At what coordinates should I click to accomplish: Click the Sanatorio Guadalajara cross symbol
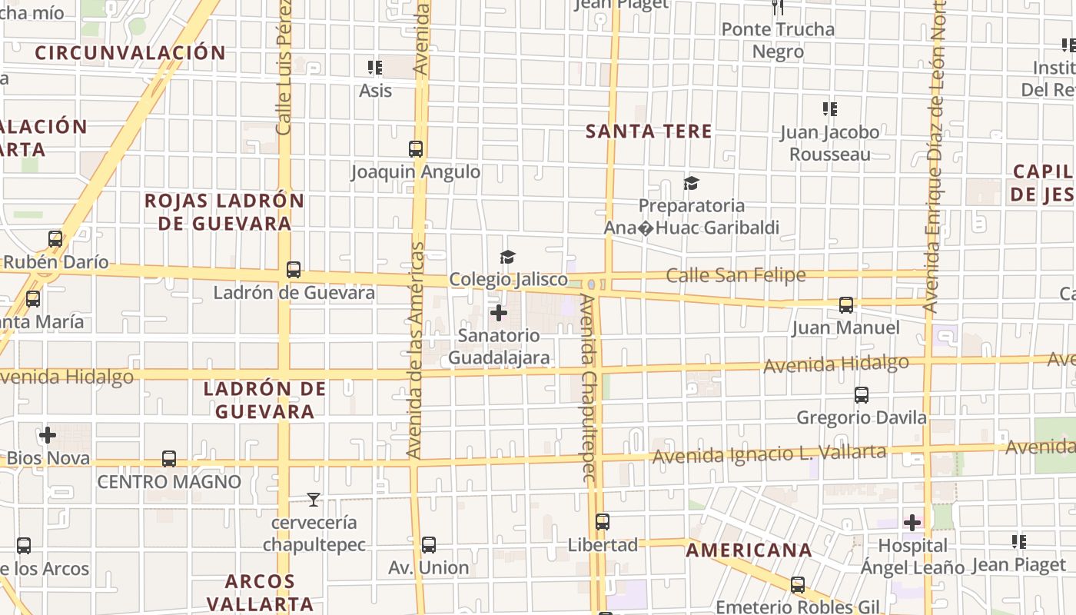point(499,313)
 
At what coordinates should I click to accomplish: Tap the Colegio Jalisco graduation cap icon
point(507,257)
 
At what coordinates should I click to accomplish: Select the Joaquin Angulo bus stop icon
point(416,149)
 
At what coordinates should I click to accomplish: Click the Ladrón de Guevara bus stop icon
point(294,270)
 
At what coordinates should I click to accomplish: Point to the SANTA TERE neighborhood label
point(649,131)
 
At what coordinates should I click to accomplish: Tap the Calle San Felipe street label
point(736,275)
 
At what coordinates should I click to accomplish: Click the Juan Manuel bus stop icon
point(846,305)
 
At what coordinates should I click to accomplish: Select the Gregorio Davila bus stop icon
point(862,395)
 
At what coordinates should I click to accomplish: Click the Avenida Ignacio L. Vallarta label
point(769,454)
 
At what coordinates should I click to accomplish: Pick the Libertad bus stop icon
point(603,522)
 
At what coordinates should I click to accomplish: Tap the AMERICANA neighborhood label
point(749,550)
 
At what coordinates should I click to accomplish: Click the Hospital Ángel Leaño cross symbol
point(912,523)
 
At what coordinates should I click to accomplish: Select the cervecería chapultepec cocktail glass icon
point(313,500)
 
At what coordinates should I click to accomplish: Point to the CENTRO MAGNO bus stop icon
point(169,459)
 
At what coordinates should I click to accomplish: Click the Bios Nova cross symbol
point(48,436)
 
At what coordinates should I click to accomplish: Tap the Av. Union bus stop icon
point(429,545)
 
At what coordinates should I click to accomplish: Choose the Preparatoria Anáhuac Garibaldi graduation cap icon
point(691,183)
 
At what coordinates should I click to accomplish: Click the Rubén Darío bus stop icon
point(55,239)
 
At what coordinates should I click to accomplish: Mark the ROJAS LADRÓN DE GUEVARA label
point(224,212)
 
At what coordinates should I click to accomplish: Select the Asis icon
point(375,68)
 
